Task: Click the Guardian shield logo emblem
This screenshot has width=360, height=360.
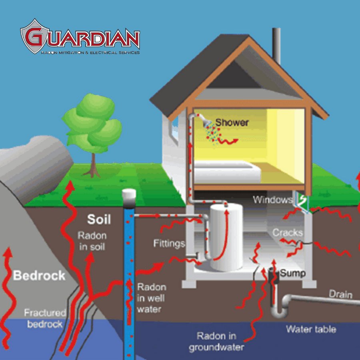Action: (x=35, y=36)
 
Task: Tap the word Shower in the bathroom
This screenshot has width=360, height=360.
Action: (x=232, y=123)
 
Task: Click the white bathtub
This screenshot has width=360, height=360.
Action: (x=227, y=172)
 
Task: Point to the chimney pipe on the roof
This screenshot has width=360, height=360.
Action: (x=276, y=46)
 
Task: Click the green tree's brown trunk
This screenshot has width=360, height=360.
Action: (x=93, y=165)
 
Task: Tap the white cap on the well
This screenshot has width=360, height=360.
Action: (x=129, y=194)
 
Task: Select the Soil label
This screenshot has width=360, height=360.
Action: (x=99, y=219)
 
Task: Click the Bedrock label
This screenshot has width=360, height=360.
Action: (x=39, y=276)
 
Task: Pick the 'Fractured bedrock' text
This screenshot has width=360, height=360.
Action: (x=45, y=318)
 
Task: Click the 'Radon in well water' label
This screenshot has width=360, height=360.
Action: (x=151, y=298)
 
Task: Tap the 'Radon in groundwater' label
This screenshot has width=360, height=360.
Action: (x=216, y=342)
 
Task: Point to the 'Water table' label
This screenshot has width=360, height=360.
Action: (x=311, y=329)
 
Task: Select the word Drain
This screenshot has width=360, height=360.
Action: (x=340, y=294)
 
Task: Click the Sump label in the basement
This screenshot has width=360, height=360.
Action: (x=293, y=273)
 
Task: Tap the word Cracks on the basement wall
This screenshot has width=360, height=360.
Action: (x=288, y=233)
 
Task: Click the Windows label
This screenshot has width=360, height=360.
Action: (x=273, y=200)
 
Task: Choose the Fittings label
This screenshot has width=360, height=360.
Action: (x=169, y=243)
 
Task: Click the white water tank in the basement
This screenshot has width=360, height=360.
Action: (x=226, y=237)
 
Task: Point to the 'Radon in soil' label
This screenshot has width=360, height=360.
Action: (x=92, y=241)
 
